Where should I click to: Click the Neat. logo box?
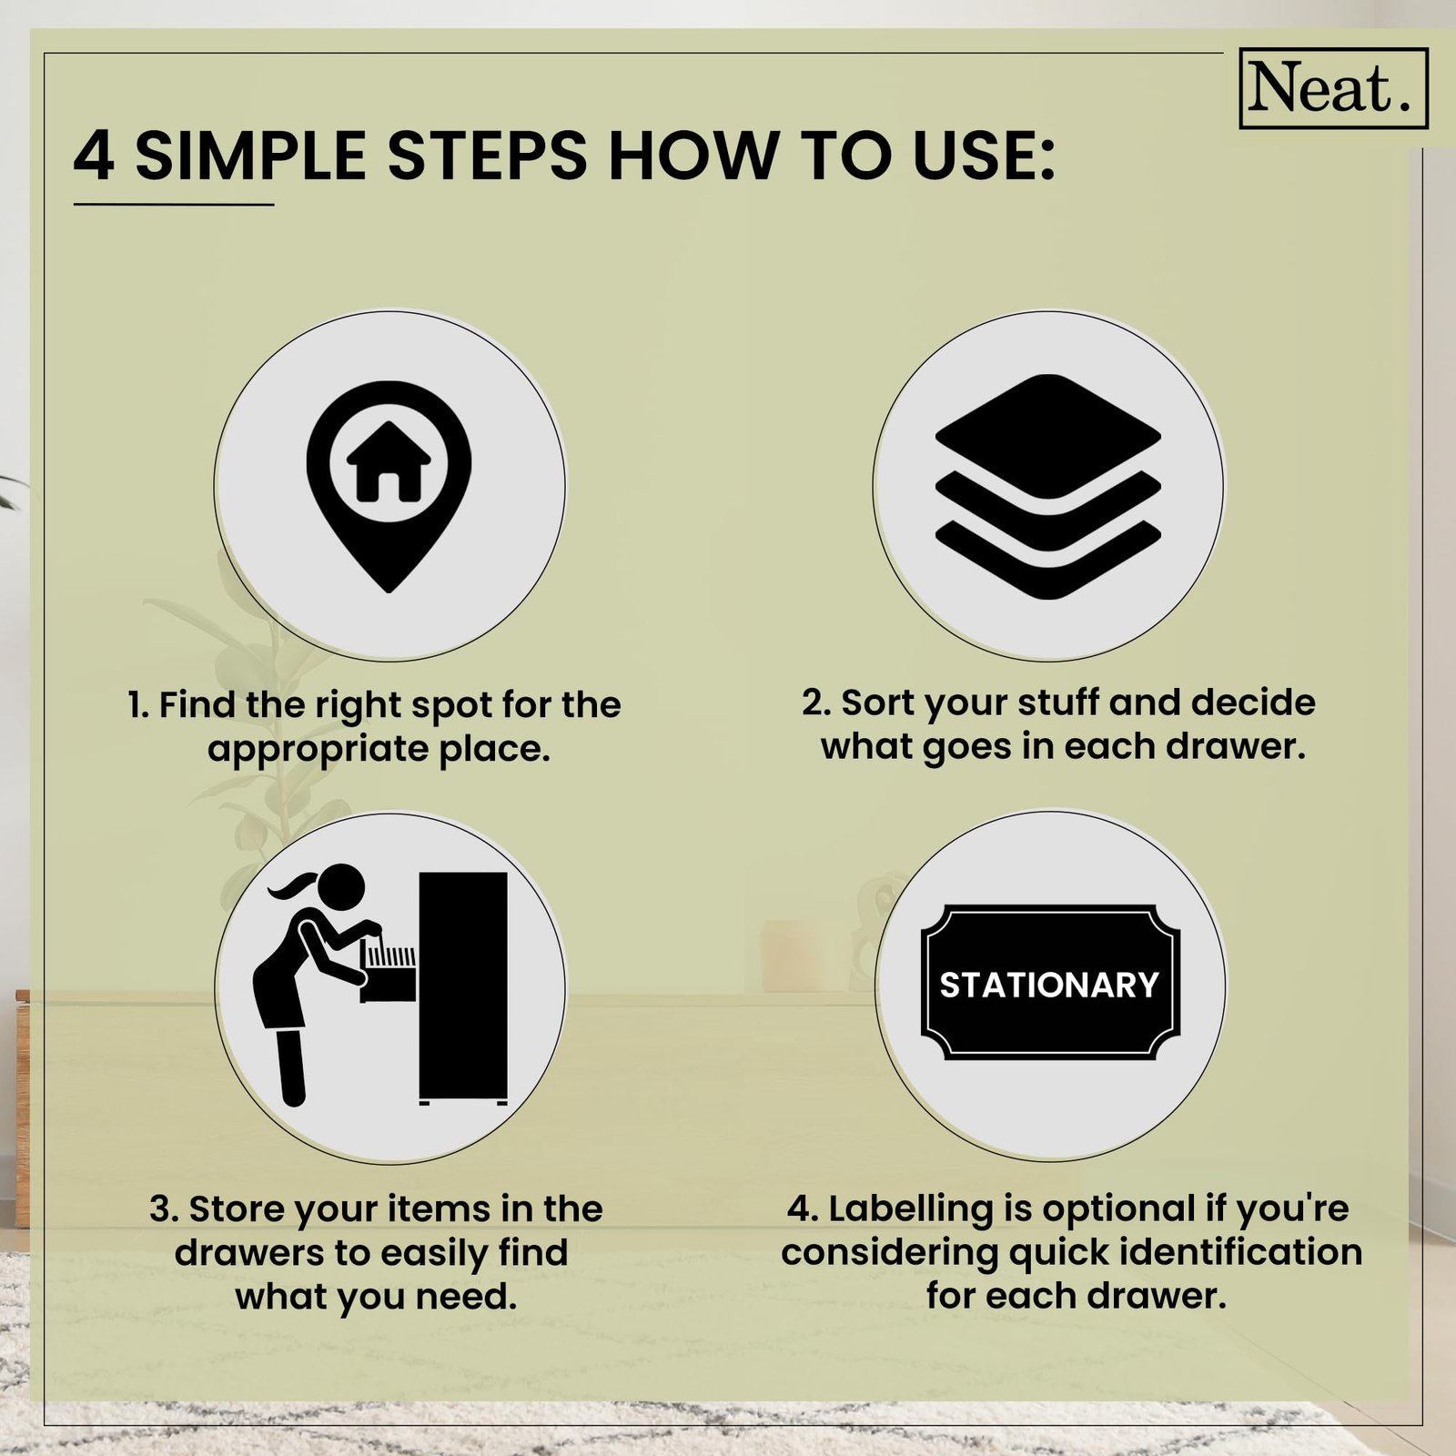[x=1333, y=88]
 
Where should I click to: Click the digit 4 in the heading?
[x=94, y=156]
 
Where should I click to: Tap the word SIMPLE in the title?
[x=251, y=156]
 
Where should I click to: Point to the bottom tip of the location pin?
[x=389, y=591]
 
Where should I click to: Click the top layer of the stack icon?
[x=1048, y=437]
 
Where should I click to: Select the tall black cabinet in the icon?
[x=462, y=987]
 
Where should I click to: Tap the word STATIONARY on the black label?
[x=1049, y=985]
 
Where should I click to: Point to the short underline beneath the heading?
[x=174, y=205]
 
